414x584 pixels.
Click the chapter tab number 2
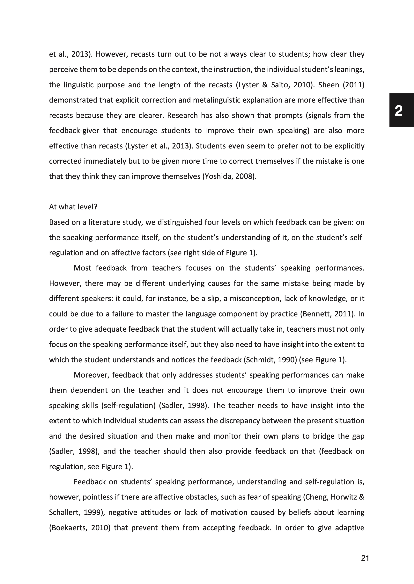[x=398, y=111]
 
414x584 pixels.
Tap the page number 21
[x=365, y=558]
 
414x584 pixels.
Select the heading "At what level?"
[x=73, y=207]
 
